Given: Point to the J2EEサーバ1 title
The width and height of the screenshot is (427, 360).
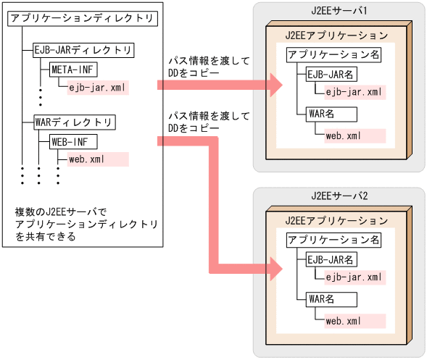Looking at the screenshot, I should [339, 12].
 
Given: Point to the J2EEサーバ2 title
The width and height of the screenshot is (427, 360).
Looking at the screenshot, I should [339, 196].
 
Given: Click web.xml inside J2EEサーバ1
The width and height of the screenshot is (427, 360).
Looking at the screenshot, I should [344, 135].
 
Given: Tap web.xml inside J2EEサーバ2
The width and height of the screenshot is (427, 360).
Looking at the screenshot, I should [344, 319].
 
